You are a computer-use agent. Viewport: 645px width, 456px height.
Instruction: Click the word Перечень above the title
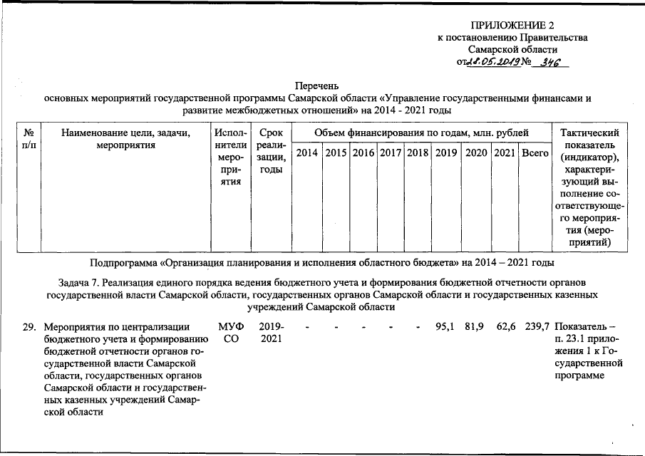318,85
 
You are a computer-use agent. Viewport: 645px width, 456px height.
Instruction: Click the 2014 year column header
307,152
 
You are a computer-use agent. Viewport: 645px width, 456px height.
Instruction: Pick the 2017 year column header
391,152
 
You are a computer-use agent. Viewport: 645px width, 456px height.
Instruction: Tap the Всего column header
535,152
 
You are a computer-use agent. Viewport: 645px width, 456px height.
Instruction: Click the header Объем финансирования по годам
422,133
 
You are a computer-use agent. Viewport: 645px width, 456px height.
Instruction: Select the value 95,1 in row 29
446,327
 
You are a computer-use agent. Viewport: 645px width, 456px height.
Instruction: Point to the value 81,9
475,327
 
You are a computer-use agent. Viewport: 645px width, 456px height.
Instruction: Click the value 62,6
506,327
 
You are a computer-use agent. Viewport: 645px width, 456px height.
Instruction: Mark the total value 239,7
536,327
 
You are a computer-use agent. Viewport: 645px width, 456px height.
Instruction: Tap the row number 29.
29,327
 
